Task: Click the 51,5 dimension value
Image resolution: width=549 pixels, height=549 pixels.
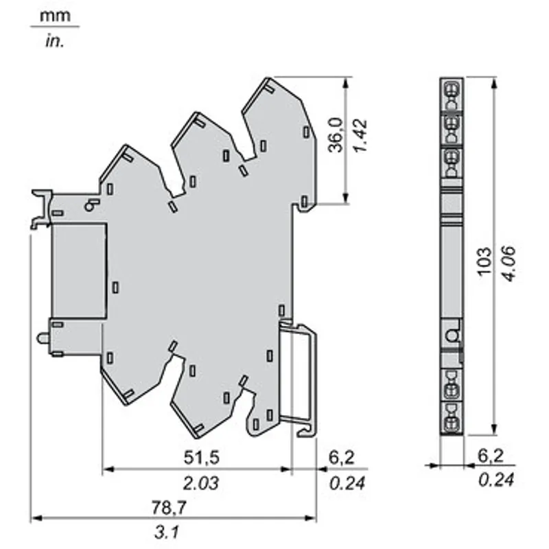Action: pyautogui.click(x=202, y=457)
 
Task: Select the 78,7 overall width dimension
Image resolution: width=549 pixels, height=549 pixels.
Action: pyautogui.click(x=169, y=507)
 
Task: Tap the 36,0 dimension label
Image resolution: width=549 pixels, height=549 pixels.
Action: pyautogui.click(x=336, y=135)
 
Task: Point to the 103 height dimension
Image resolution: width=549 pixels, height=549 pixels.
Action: pyautogui.click(x=485, y=261)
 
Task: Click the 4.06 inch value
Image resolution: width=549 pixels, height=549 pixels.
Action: pyautogui.click(x=509, y=264)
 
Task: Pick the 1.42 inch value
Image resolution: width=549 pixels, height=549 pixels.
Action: pyautogui.click(x=360, y=136)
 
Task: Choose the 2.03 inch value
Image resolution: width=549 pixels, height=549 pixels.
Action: pyautogui.click(x=201, y=483)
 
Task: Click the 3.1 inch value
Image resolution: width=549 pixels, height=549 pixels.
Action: pyautogui.click(x=167, y=533)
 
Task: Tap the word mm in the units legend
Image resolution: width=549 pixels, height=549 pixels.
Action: pyautogui.click(x=55, y=16)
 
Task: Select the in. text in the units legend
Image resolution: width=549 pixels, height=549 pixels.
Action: pyautogui.click(x=55, y=42)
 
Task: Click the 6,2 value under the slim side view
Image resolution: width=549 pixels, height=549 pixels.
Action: pyautogui.click(x=491, y=456)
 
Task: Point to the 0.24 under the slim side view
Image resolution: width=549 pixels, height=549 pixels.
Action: pyautogui.click(x=496, y=480)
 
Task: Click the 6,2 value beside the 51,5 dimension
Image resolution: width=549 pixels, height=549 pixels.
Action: pyautogui.click(x=341, y=457)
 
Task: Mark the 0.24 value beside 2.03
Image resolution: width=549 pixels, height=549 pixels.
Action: pyautogui.click(x=347, y=483)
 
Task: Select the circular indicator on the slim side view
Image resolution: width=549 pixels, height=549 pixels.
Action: pyautogui.click(x=452, y=336)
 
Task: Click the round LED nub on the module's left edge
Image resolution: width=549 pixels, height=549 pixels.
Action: pyautogui.click(x=44, y=338)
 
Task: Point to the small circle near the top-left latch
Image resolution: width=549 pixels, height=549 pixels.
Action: pyautogui.click(x=89, y=207)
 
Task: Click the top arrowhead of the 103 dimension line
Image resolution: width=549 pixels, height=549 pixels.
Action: pyautogui.click(x=494, y=82)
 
